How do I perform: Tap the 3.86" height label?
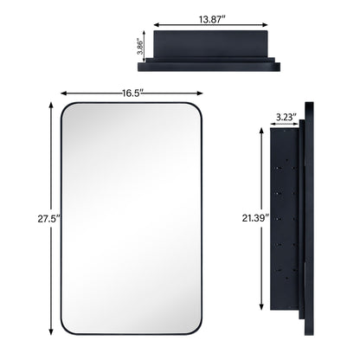coord(138,45)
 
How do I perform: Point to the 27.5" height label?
coord(35,219)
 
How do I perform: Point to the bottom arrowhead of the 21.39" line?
coord(260,307)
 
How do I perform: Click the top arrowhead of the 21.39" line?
coord(260,129)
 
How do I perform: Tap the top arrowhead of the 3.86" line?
coord(146,33)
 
